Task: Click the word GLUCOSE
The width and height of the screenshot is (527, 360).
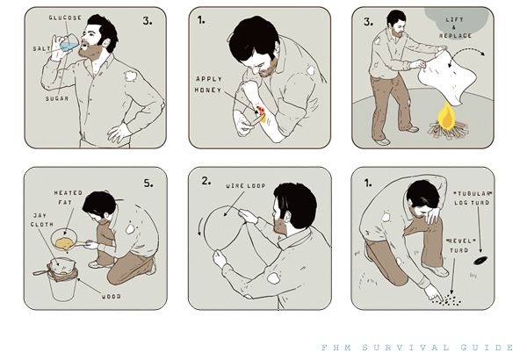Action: tap(65, 18)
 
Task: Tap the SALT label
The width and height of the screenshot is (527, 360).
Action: tap(41, 49)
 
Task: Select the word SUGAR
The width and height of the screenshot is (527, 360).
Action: tap(57, 99)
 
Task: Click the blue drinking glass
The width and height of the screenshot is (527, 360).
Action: tap(69, 45)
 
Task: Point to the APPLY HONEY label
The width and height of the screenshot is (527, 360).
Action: tap(209, 84)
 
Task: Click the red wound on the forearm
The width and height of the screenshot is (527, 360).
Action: tap(261, 109)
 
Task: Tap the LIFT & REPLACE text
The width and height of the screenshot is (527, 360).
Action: tap(455, 27)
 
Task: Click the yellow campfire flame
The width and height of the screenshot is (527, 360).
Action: tap(446, 114)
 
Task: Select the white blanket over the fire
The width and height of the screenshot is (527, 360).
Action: tap(447, 76)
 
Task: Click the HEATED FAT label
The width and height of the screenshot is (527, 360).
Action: tap(69, 198)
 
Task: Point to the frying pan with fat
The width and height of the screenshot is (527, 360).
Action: tap(69, 241)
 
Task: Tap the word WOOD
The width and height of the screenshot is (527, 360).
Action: tap(112, 297)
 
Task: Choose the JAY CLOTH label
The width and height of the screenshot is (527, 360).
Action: tap(42, 220)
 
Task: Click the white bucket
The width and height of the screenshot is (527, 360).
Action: tap(62, 285)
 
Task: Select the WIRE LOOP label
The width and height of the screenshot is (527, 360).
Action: tap(246, 185)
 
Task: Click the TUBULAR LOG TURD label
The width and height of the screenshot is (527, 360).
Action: tap(473, 198)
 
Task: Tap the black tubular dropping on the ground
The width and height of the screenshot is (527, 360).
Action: tap(480, 260)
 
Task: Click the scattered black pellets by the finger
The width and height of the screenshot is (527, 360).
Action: tap(447, 299)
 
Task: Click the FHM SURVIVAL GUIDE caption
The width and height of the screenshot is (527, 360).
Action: tap(417, 347)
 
